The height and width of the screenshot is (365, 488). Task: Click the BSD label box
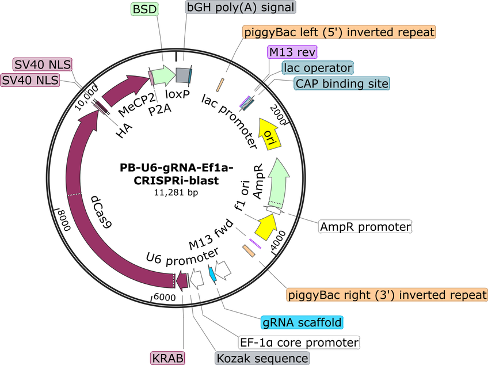(x=144, y=9)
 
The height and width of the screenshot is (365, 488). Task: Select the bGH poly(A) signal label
(x=241, y=7)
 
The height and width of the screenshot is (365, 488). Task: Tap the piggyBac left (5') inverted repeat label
(x=339, y=32)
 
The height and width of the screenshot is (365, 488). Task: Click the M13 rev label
(x=292, y=52)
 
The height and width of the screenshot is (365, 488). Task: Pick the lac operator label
(x=318, y=68)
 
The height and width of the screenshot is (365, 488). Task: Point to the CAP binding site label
(x=342, y=83)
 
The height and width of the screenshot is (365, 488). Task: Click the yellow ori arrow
(x=269, y=134)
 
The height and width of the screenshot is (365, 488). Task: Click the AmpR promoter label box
(x=365, y=226)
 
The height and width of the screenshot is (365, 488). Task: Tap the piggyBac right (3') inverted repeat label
(x=387, y=295)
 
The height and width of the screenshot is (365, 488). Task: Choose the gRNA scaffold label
(x=302, y=322)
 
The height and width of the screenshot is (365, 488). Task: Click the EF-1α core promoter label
(x=299, y=343)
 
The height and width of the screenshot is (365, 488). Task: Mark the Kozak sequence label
(x=262, y=358)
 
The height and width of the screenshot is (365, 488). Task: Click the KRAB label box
(x=168, y=358)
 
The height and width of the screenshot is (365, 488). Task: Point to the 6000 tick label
(x=165, y=297)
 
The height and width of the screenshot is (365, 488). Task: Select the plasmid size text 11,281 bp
(x=176, y=193)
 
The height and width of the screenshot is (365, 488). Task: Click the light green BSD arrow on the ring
(x=164, y=75)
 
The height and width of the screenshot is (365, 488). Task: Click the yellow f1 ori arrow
(x=265, y=226)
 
